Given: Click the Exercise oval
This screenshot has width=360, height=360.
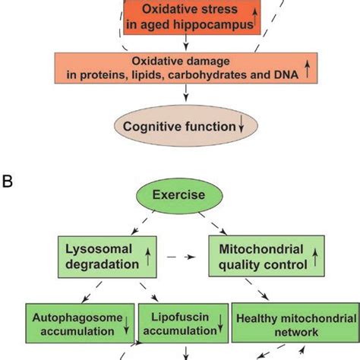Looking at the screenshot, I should click(x=178, y=195).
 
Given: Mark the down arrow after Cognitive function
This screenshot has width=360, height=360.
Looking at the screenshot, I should click(x=242, y=127).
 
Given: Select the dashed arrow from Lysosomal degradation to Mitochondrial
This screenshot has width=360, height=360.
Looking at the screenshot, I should click(x=182, y=257).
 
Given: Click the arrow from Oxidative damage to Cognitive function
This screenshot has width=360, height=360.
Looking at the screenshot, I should click(x=186, y=96).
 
